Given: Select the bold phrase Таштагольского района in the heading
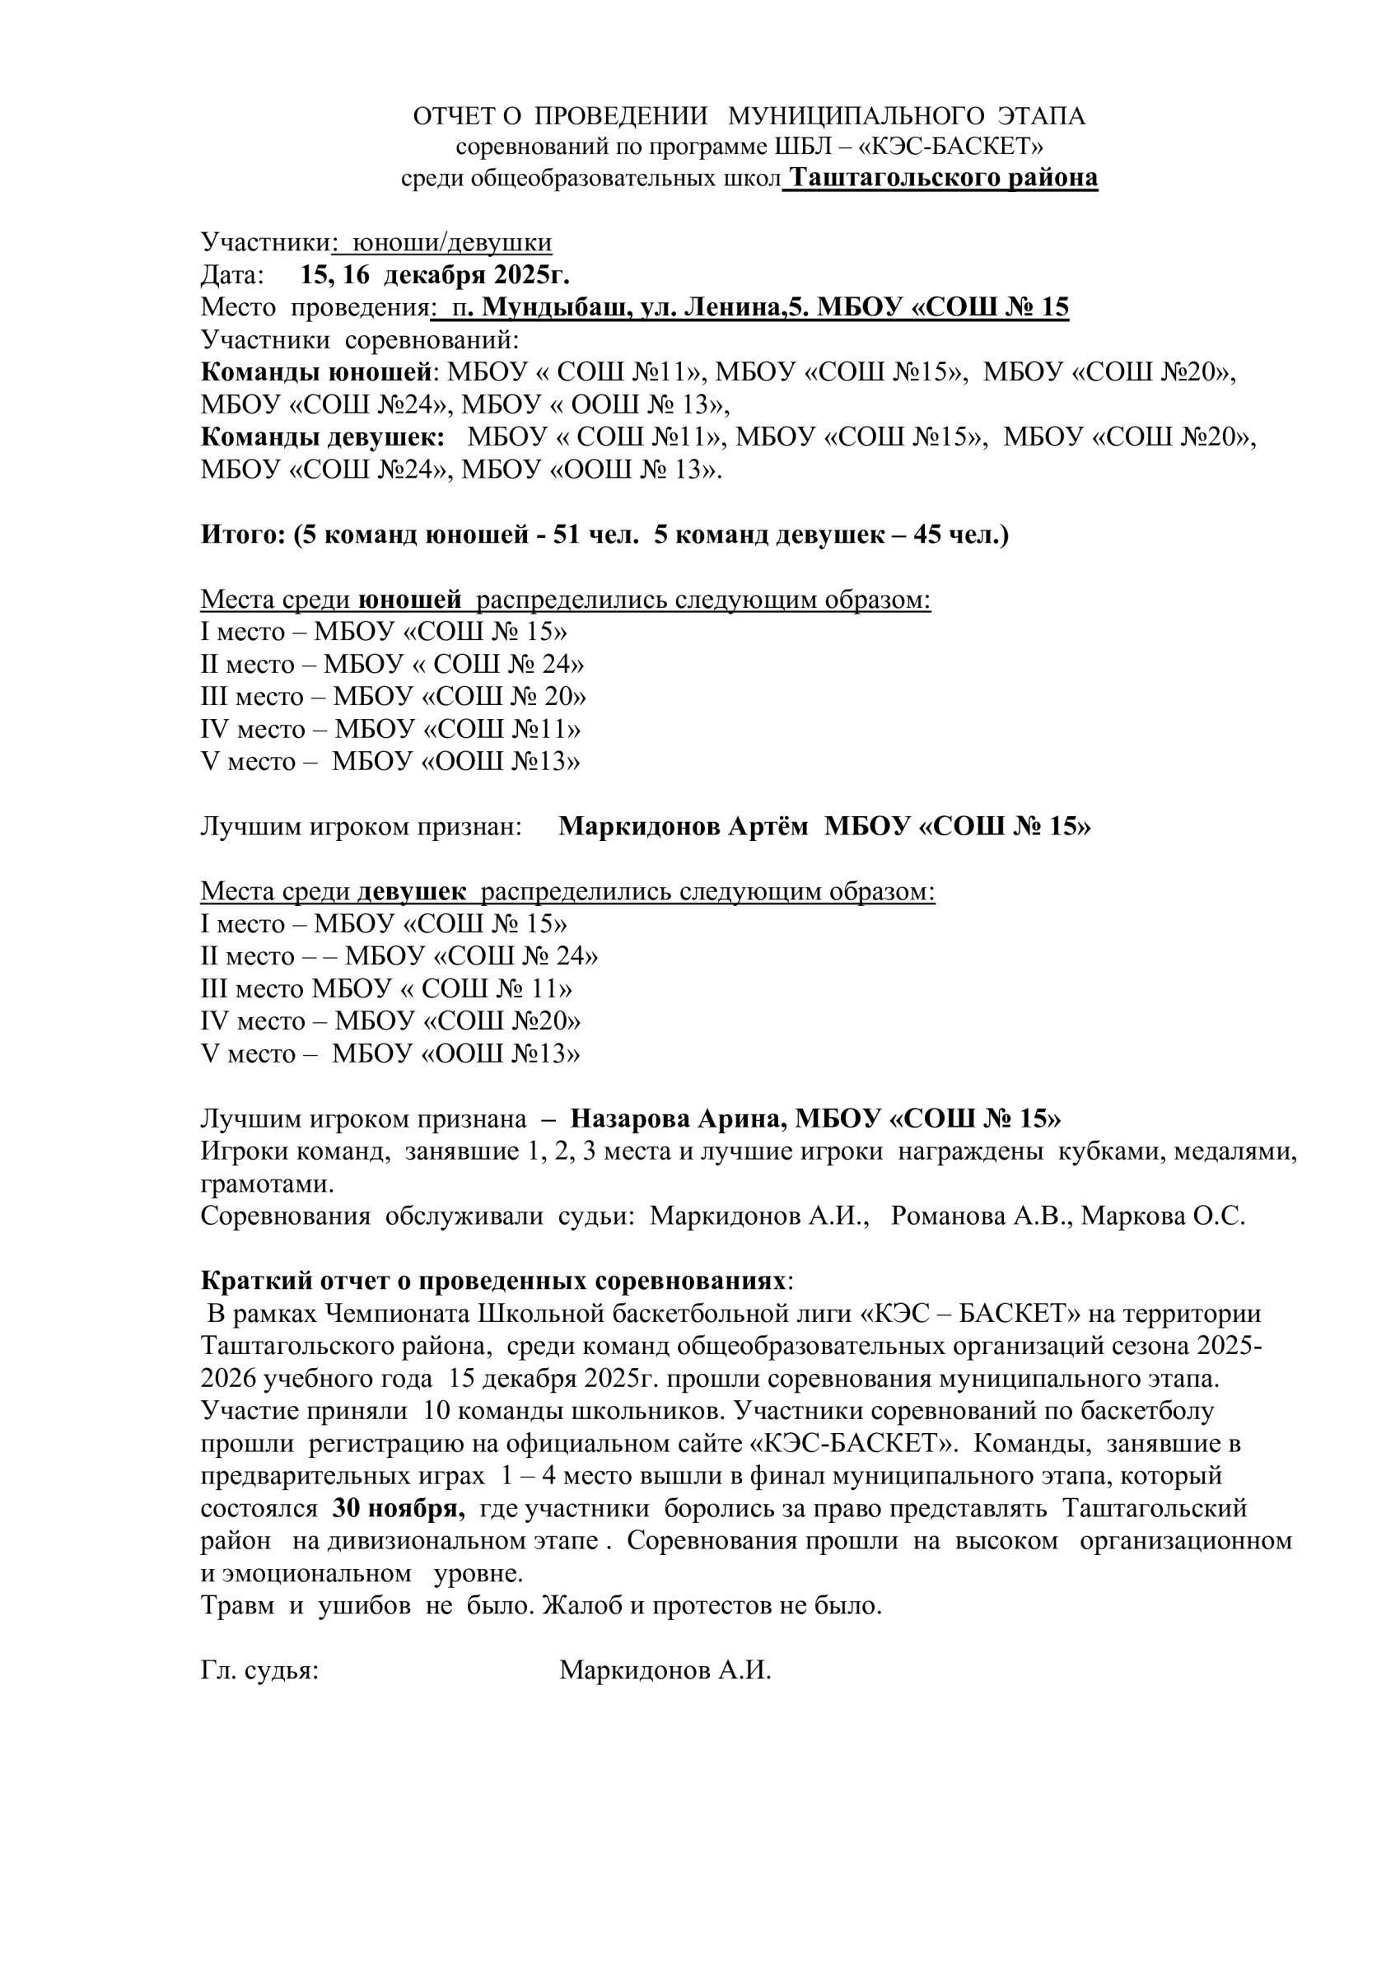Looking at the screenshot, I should point(944,178).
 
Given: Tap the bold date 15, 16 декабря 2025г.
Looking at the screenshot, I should point(435,275).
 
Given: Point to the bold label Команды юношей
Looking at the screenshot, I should point(315,371).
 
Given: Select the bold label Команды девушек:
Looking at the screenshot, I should point(323,437).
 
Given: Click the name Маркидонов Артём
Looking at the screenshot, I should point(684,826).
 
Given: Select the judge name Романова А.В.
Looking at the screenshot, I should point(981,1216).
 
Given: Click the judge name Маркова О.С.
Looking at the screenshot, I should point(1163,1216).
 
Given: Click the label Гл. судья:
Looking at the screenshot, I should point(260,1670).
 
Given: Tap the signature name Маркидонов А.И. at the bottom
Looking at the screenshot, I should point(665,1670).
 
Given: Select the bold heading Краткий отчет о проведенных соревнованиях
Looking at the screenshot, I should point(494,1281).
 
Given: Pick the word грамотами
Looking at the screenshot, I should point(268,1184).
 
